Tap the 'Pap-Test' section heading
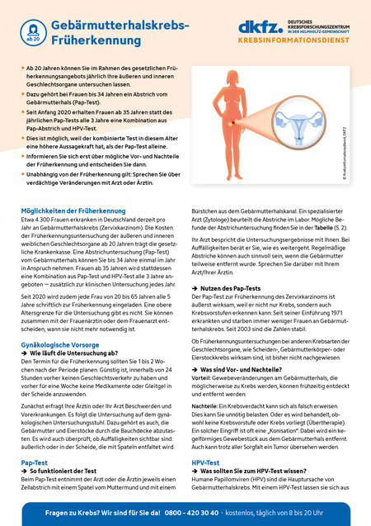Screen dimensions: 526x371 (37, 463)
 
